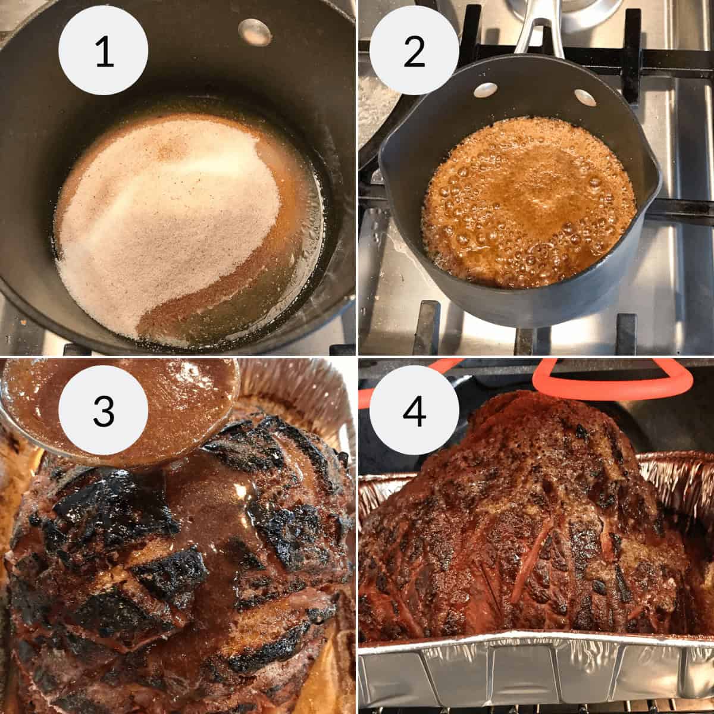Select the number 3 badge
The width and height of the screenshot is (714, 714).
(104, 411)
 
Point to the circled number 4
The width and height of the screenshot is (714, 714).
(415, 411)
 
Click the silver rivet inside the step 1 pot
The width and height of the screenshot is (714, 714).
(255, 29)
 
